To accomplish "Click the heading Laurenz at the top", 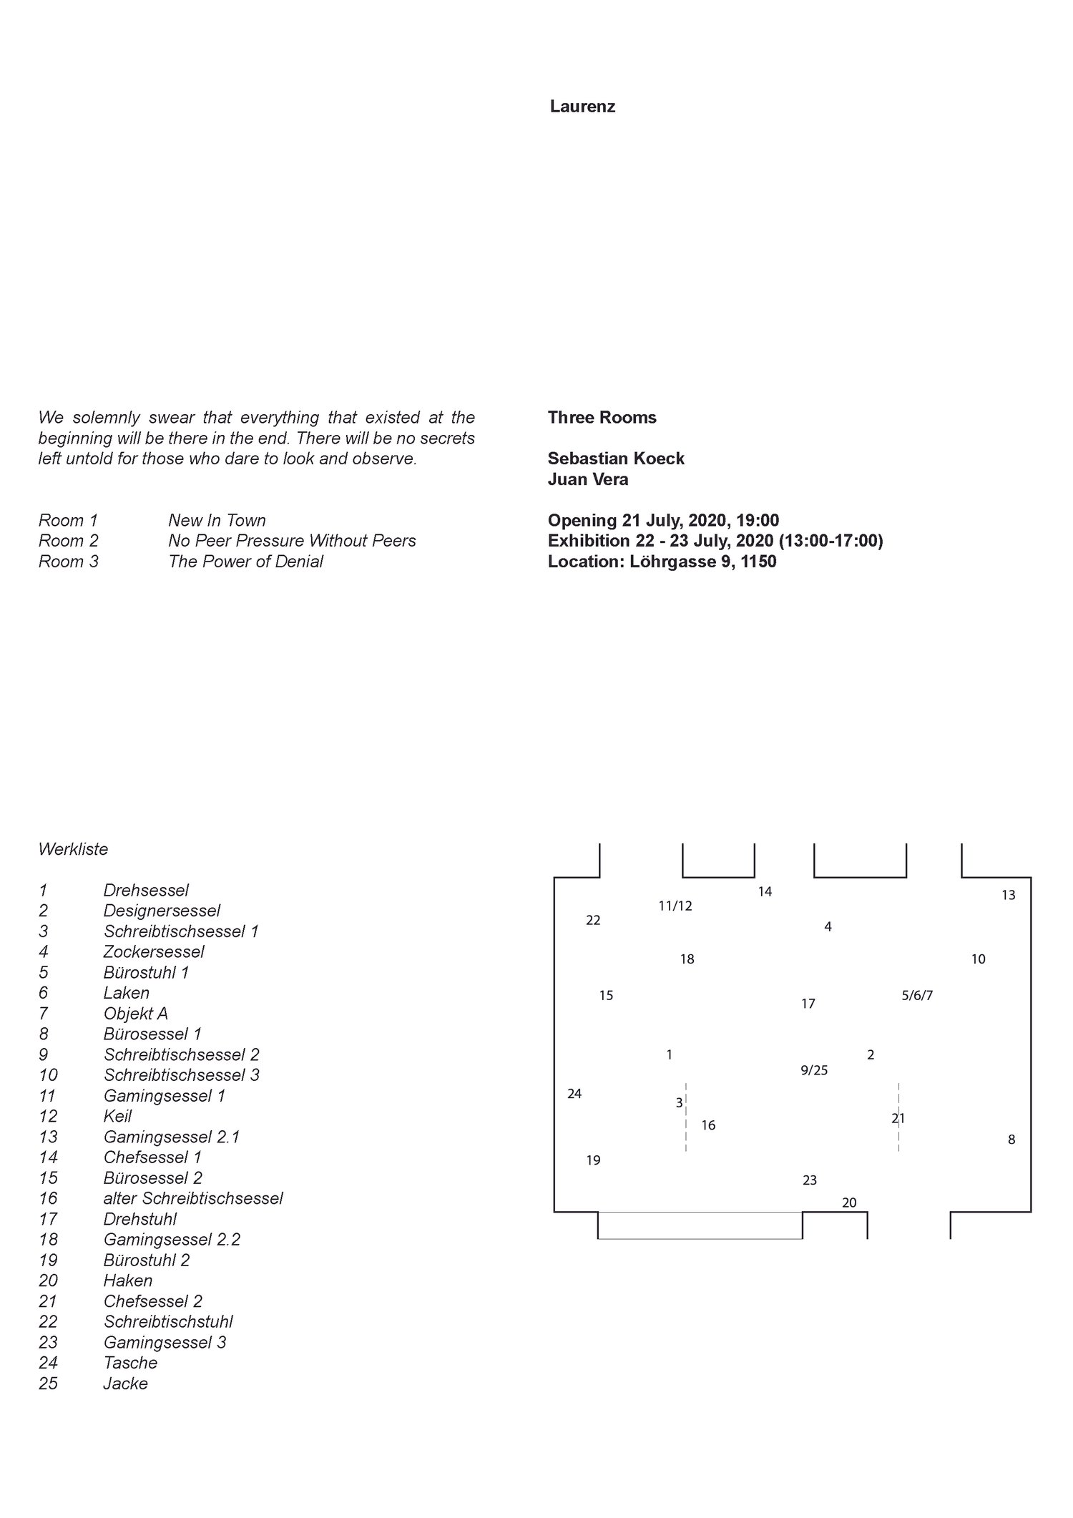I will pyautogui.click(x=582, y=107).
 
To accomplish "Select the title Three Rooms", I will pyautogui.click(x=602, y=418).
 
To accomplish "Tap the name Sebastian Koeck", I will pyautogui.click(x=616, y=459).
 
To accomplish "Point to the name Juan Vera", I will pyautogui.click(x=588, y=479).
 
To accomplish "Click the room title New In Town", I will pyautogui.click(x=217, y=521).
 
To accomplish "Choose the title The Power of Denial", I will pyautogui.click(x=245, y=562).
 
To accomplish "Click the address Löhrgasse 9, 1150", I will pyautogui.click(x=702, y=562).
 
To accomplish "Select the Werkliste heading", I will pyautogui.click(x=73, y=850).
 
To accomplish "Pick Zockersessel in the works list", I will pyautogui.click(x=154, y=952).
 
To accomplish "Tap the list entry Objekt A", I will pyautogui.click(x=136, y=1014).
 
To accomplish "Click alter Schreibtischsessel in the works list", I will pyautogui.click(x=193, y=1198).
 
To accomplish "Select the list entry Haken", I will pyautogui.click(x=128, y=1280).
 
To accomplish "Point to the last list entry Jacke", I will pyautogui.click(x=125, y=1384).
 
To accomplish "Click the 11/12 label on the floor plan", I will pyautogui.click(x=675, y=906).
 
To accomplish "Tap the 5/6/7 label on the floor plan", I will pyautogui.click(x=917, y=996).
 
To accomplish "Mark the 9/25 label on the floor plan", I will pyautogui.click(x=814, y=1070).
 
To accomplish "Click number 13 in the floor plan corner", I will pyautogui.click(x=1008, y=895).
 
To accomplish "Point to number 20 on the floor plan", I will pyautogui.click(x=849, y=1203).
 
